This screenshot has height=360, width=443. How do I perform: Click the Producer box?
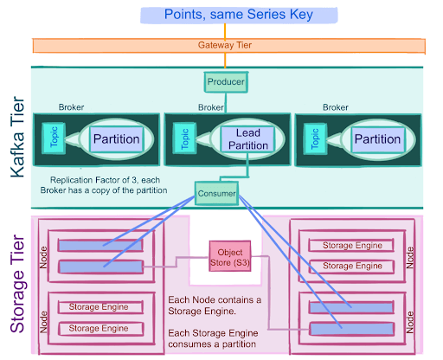(226, 82)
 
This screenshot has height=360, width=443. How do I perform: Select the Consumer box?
(215, 193)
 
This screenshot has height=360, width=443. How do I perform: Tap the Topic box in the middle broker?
(183, 139)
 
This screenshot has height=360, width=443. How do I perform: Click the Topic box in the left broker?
(53, 139)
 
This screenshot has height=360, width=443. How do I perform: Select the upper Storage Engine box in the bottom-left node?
(104, 306)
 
